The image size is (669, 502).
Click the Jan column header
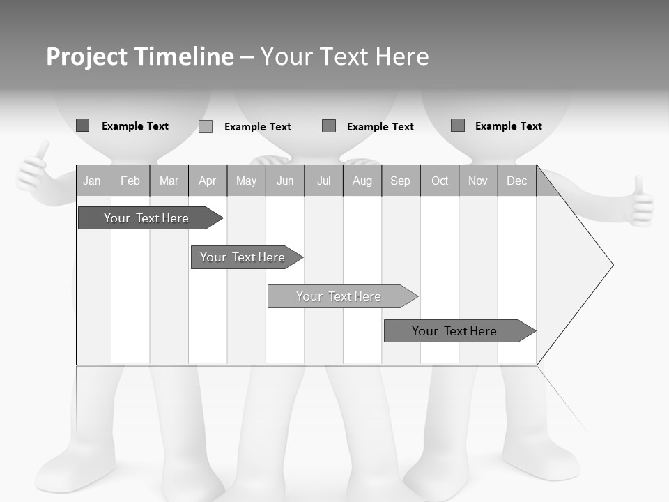click(92, 181)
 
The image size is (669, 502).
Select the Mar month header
click(169, 181)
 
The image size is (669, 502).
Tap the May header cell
click(246, 181)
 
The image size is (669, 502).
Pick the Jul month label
click(323, 181)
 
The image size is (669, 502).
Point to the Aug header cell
click(362, 181)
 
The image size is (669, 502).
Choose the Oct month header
click(440, 181)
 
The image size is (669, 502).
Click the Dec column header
click(516, 181)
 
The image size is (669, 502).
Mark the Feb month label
click(130, 181)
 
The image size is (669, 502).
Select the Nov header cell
click(478, 181)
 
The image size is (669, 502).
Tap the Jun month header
click(285, 181)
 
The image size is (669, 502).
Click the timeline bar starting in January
click(146, 218)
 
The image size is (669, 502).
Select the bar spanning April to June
click(243, 257)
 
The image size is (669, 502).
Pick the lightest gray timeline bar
click(339, 296)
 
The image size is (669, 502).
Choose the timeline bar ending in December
click(454, 331)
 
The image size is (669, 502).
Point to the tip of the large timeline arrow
click(611, 265)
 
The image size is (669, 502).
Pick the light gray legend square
click(206, 126)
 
